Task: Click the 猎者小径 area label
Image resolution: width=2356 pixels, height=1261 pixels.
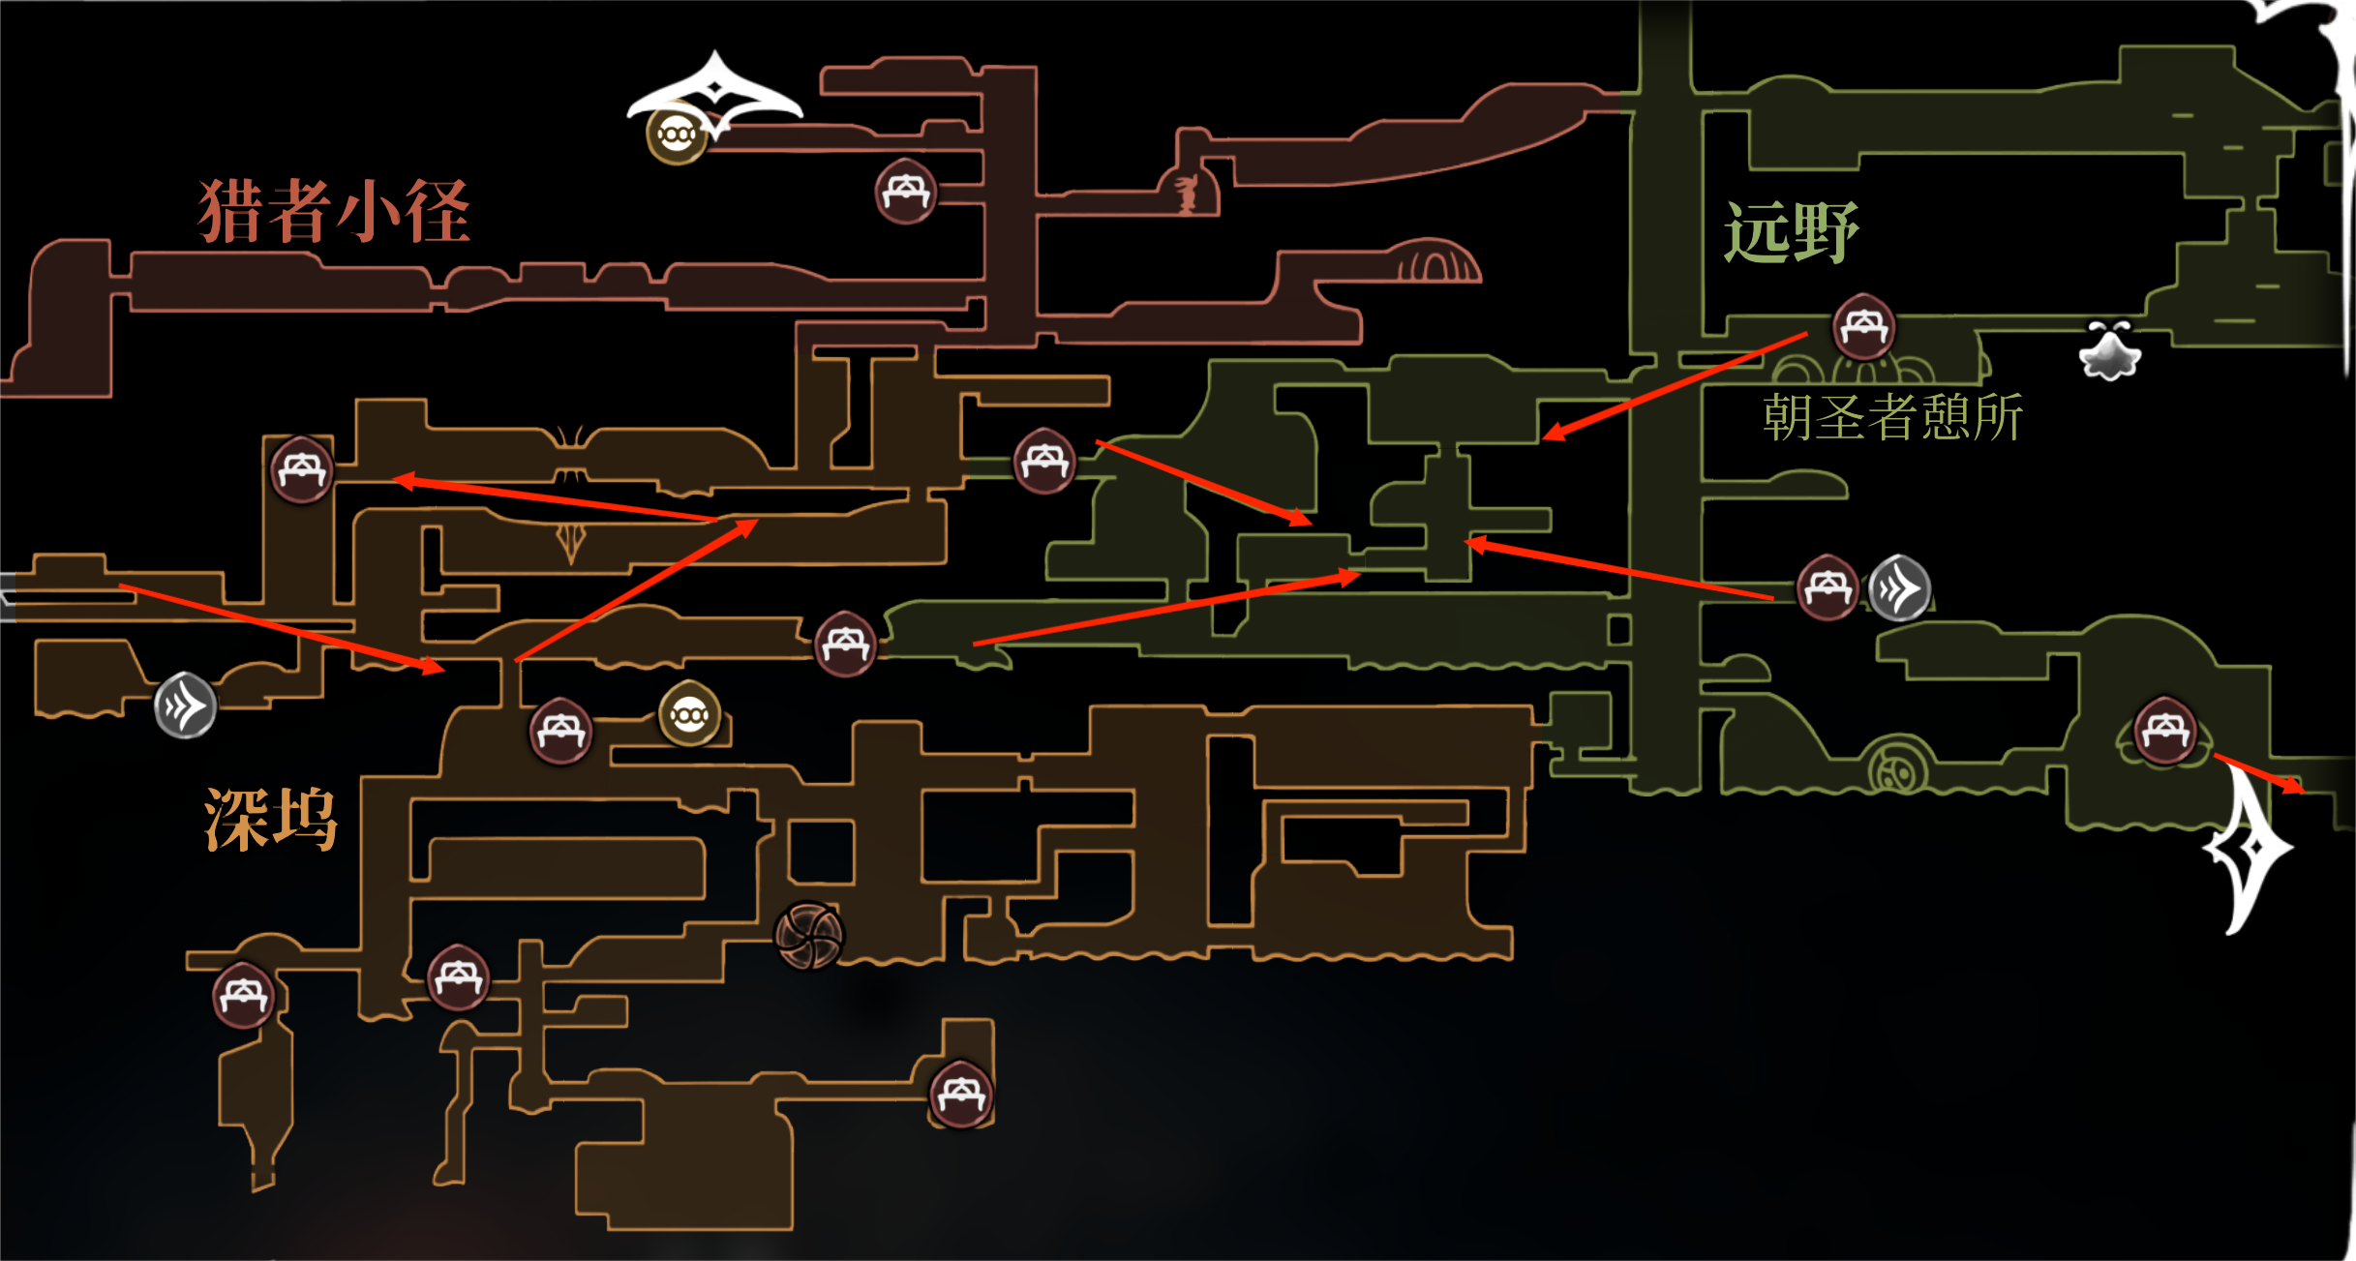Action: (334, 211)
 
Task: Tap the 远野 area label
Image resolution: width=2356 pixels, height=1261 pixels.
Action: (1791, 232)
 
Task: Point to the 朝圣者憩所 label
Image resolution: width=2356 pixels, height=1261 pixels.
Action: (1892, 418)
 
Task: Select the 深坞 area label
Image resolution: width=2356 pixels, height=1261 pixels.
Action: (271, 819)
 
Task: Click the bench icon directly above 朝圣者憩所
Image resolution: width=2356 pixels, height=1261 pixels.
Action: (1863, 327)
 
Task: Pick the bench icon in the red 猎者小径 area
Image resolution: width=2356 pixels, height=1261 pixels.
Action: (905, 192)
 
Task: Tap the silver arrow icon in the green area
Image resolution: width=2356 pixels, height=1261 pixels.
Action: (1899, 587)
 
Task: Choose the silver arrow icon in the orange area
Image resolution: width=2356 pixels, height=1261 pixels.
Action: (185, 706)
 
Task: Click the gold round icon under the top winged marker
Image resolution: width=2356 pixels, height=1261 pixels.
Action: (676, 134)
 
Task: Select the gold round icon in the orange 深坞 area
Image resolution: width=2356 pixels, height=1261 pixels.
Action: (689, 715)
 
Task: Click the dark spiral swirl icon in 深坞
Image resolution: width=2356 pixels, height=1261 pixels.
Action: (809, 935)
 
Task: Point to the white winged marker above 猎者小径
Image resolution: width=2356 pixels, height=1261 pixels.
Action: (714, 92)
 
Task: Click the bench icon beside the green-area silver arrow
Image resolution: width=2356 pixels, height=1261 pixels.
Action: (1827, 587)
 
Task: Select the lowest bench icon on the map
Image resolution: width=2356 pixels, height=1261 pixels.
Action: (961, 1095)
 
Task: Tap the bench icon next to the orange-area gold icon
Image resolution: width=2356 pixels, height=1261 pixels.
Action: (560, 732)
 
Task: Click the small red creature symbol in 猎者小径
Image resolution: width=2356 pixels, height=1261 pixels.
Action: (1187, 194)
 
